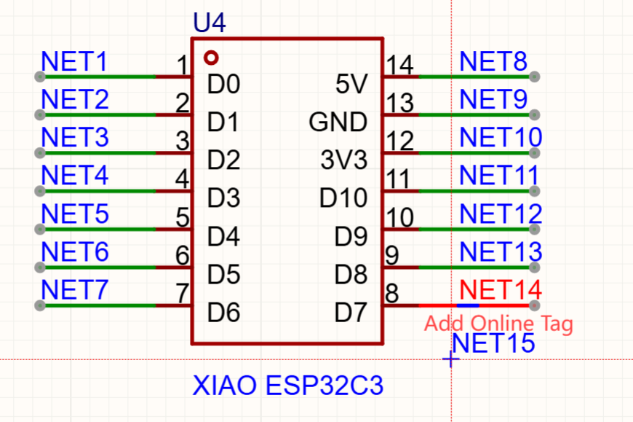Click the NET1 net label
click(74, 62)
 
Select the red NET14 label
click(501, 290)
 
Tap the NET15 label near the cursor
click(493, 343)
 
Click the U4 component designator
click(210, 23)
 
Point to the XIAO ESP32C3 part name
click(287, 385)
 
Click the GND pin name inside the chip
click(338, 122)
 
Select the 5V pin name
click(353, 85)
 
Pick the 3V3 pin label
click(344, 160)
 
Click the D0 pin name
click(223, 85)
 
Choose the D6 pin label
click(223, 313)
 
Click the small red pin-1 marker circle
click(211, 57)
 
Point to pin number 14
click(400, 66)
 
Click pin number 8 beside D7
click(391, 294)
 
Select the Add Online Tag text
click(498, 323)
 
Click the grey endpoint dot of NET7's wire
click(39, 305)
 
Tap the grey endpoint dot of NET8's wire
click(536, 76)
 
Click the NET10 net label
click(501, 137)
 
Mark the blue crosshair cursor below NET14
click(451, 359)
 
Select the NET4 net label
click(75, 176)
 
